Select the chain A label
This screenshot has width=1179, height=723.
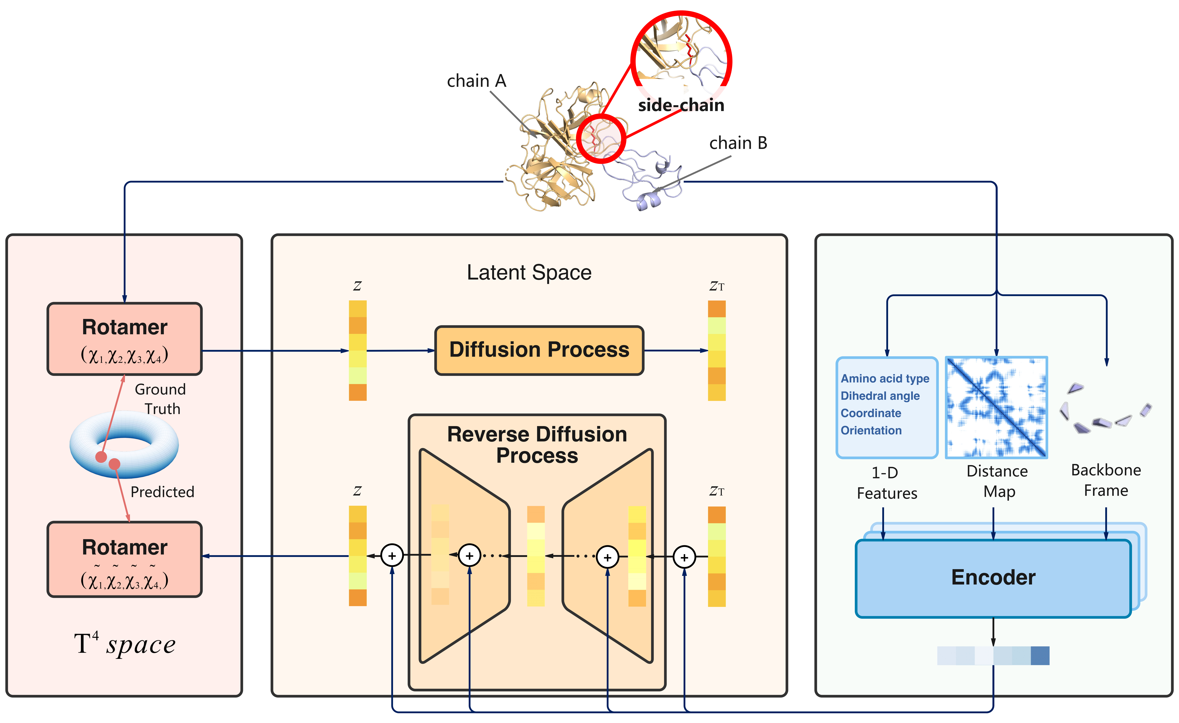(476, 81)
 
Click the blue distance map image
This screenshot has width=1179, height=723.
(996, 407)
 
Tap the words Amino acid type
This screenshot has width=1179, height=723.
(885, 378)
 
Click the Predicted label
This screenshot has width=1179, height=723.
(162, 492)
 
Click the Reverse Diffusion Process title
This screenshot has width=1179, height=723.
(537, 445)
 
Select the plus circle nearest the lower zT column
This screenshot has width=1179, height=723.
(684, 557)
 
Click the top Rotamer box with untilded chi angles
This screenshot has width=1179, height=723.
(124, 339)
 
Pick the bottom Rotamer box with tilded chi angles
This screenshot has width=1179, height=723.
(124, 559)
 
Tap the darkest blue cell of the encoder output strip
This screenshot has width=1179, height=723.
(1040, 656)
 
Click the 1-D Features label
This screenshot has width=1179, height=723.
(887, 483)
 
